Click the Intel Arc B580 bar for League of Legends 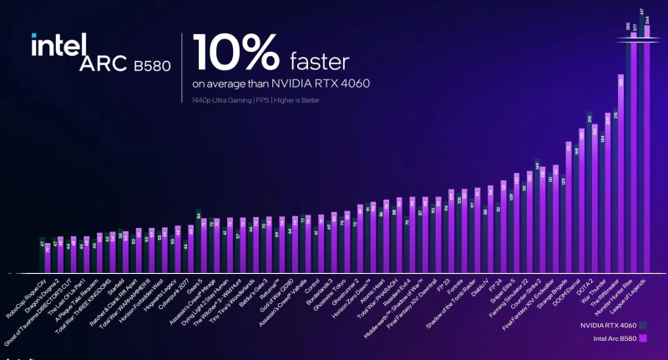pos(646,150)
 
